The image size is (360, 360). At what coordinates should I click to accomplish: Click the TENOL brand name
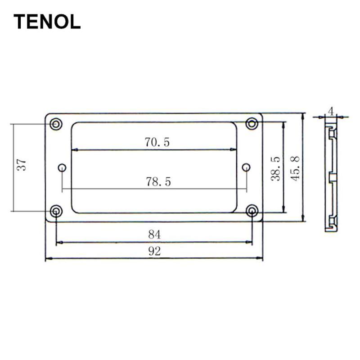point(47,22)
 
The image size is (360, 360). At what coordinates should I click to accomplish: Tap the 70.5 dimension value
point(157,142)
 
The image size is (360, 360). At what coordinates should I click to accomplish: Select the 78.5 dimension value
point(158,182)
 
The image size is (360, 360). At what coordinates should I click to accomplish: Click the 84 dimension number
point(154,234)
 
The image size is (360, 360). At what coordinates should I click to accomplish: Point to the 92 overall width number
point(154,251)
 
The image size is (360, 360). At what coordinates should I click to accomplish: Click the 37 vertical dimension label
point(22,164)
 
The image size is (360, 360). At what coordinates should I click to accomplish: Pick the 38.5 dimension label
point(275,169)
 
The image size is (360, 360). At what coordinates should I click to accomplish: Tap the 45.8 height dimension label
point(295,168)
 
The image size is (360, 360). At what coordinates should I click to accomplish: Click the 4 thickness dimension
point(331,112)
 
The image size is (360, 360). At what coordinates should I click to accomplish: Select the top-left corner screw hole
point(56,124)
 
